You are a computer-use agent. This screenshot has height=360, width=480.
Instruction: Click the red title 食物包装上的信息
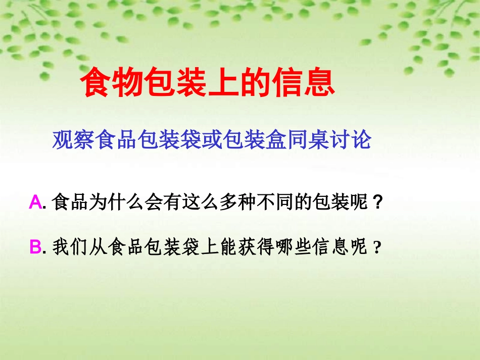pos(208,83)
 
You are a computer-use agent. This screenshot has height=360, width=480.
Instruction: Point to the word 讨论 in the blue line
pos(352,140)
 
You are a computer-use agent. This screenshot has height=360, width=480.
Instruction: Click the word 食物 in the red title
pos(112,83)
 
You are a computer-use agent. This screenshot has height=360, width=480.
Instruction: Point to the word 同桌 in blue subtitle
pos(306,140)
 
